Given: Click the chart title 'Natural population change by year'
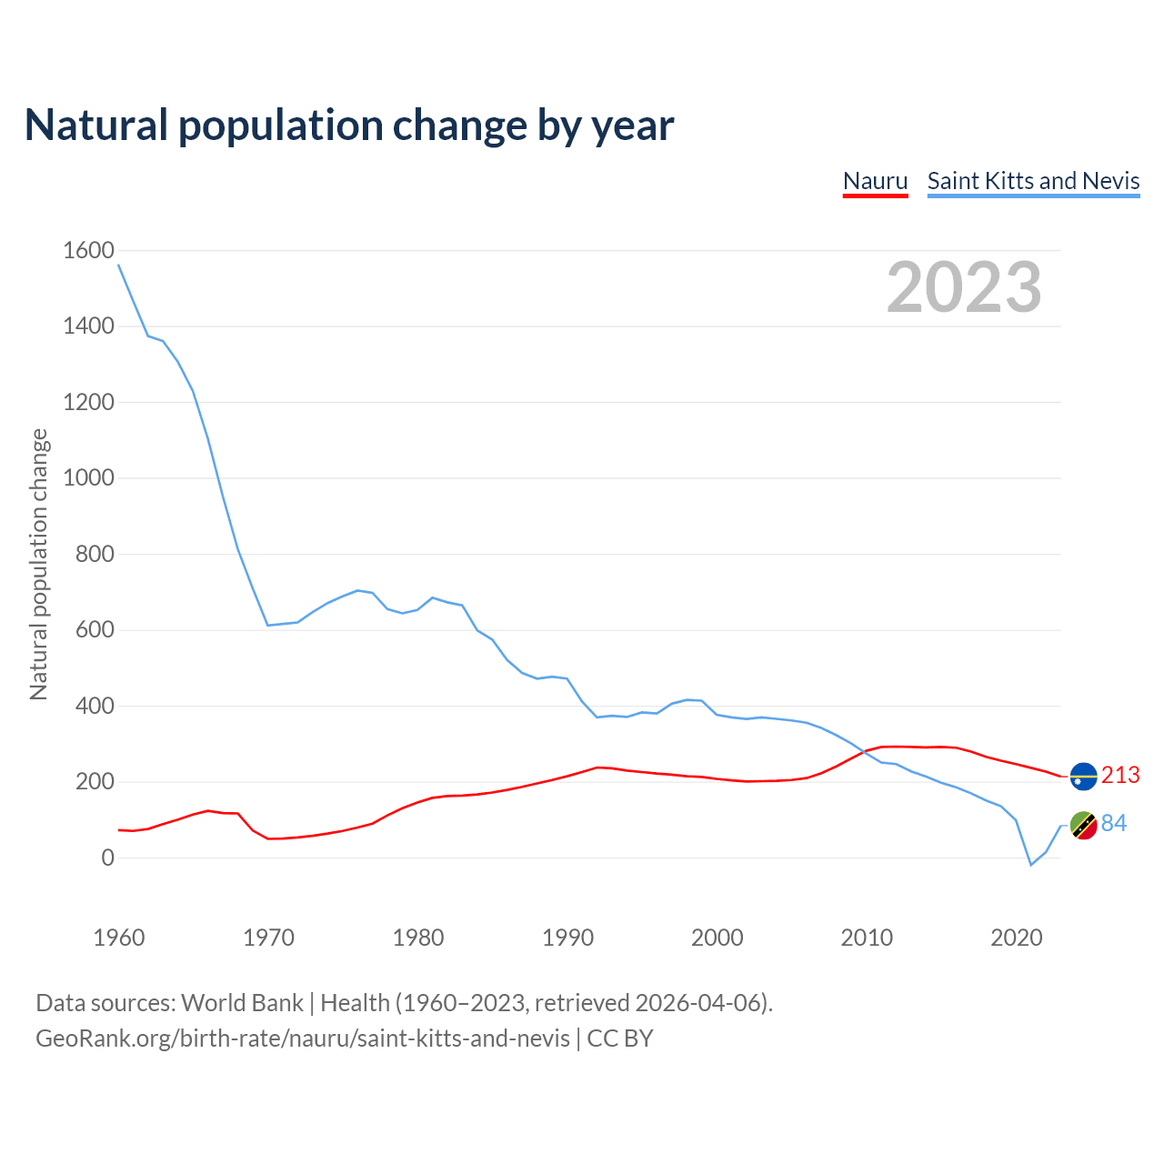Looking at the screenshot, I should pos(348,125).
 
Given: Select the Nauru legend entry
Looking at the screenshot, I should pos(875,181).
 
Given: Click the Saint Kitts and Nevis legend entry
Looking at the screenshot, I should pos(1033,181).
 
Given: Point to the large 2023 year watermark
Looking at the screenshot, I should pos(964,287).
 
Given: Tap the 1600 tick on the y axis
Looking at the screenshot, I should pos(88,250).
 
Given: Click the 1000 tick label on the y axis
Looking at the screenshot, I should pos(88,477).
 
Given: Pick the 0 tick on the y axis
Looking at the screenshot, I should pos(108,858).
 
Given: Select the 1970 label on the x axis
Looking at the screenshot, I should pos(268,938).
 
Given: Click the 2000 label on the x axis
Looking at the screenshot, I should pos(717,938).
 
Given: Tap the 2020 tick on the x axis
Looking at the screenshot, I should pos(1016,938).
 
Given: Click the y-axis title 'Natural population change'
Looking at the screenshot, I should pos(38,565).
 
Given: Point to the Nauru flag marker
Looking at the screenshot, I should pos(1084,777).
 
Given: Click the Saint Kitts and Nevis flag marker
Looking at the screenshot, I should pos(1084,826).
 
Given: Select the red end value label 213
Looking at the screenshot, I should pos(1120,775).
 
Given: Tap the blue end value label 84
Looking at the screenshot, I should pos(1114,823).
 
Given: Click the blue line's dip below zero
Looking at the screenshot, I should pos(1031,864).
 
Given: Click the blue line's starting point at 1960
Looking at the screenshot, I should pos(119,265).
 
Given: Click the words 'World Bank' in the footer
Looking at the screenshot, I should pos(242,1003).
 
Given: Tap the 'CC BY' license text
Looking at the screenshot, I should pos(620,1039).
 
